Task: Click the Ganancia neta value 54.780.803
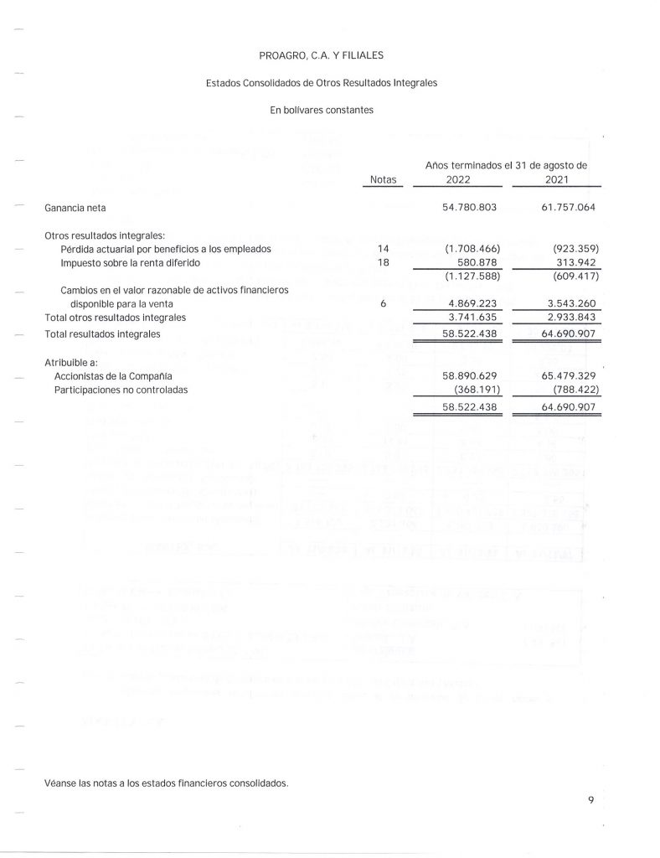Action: (x=470, y=206)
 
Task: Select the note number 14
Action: (x=383, y=249)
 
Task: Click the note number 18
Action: (x=383, y=263)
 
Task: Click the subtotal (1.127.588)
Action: (x=470, y=277)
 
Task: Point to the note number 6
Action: (x=383, y=304)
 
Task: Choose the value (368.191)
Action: (x=474, y=390)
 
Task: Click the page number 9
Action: (x=590, y=801)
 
